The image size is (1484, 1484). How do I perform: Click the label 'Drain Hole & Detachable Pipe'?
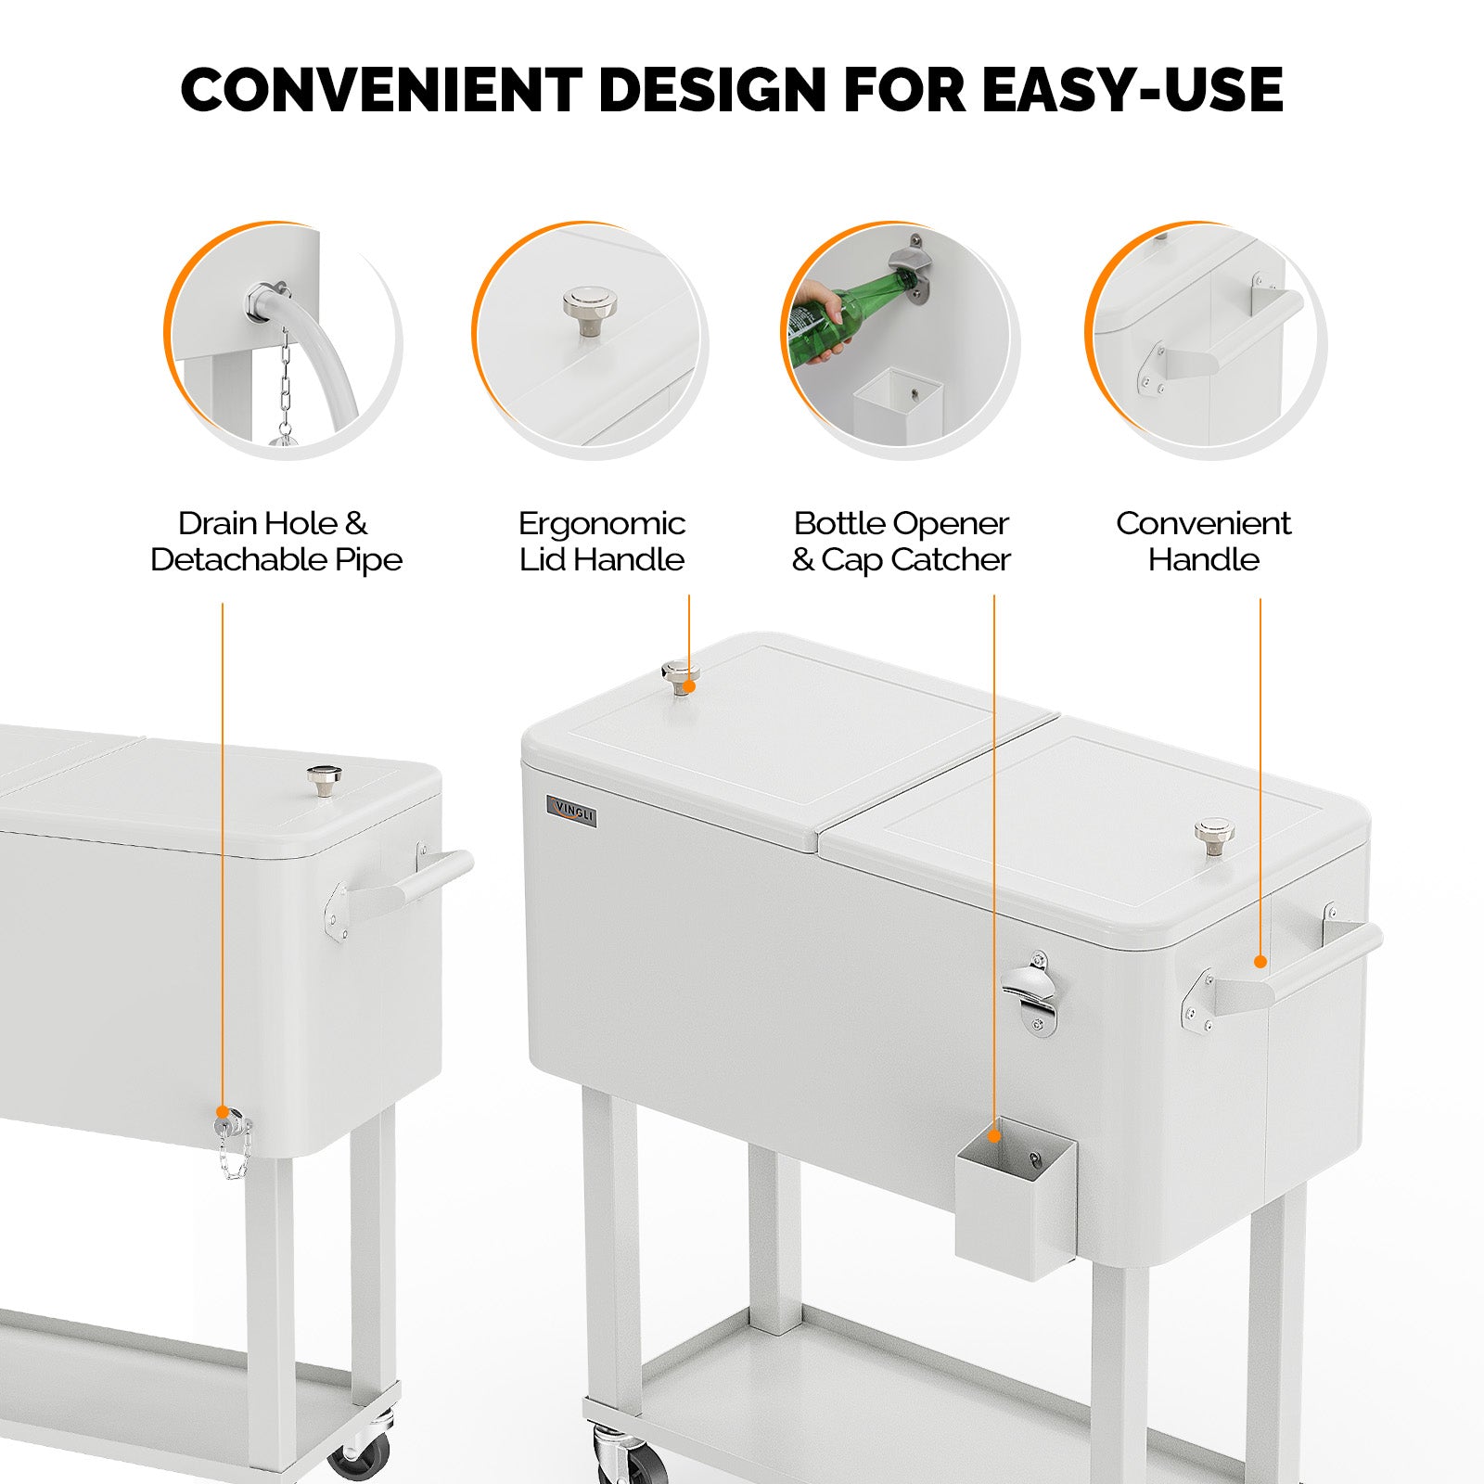(275, 542)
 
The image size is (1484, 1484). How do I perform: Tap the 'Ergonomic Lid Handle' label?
(601, 542)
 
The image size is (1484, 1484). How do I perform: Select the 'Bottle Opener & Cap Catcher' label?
(901, 542)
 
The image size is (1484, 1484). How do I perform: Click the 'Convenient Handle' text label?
(1203, 542)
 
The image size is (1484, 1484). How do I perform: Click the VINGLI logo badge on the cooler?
(571, 812)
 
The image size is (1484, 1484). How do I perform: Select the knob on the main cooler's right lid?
(1214, 837)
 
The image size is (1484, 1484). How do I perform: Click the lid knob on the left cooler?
(324, 780)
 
